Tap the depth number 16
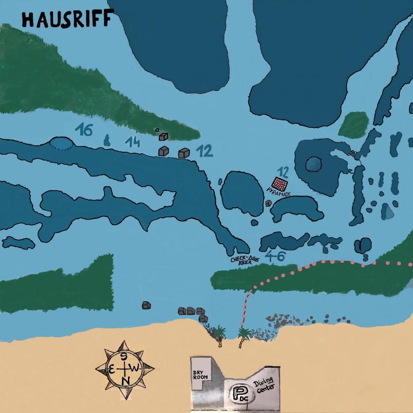click(x=84, y=130)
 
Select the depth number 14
click(x=132, y=142)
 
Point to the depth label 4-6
click(x=275, y=256)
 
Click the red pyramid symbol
click(x=280, y=184)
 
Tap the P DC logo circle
click(x=240, y=393)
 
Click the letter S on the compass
click(x=124, y=357)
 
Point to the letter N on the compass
click(x=126, y=380)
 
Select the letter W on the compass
click(x=136, y=369)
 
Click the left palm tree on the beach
click(x=220, y=334)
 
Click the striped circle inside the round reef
click(x=314, y=163)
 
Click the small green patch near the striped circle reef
click(x=353, y=125)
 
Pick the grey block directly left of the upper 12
click(x=184, y=153)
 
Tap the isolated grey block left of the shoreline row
click(x=146, y=305)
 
